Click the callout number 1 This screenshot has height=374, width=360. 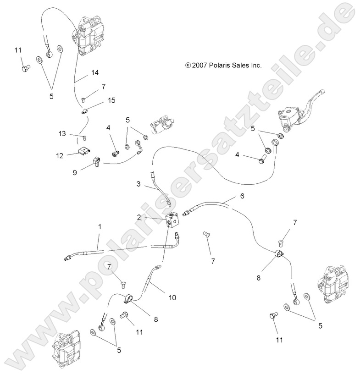coord(100,226)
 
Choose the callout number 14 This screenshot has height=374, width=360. coord(95,72)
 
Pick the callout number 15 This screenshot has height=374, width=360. coord(111,100)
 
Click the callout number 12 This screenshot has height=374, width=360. coord(59,155)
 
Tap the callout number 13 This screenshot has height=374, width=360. coord(63,133)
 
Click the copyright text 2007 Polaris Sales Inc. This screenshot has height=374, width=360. coord(223,66)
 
